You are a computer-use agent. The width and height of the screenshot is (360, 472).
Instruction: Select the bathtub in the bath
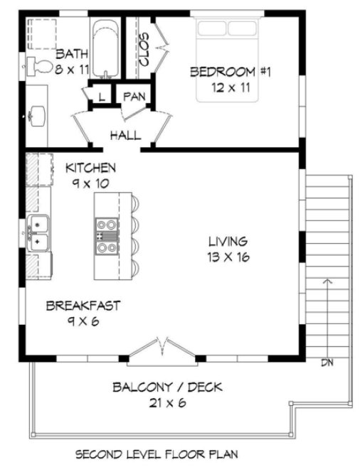click(x=105, y=48)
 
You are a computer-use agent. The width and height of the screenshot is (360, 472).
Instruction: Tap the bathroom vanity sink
click(x=36, y=114)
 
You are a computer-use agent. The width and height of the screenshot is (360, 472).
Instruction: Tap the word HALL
click(x=125, y=135)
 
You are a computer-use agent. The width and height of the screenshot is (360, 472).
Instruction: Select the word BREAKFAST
click(x=83, y=306)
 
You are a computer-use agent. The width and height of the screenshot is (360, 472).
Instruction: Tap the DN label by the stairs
click(x=327, y=363)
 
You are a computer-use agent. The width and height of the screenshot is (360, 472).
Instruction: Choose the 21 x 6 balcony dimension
click(x=167, y=403)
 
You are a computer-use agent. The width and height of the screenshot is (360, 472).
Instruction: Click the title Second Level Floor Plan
click(x=156, y=454)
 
